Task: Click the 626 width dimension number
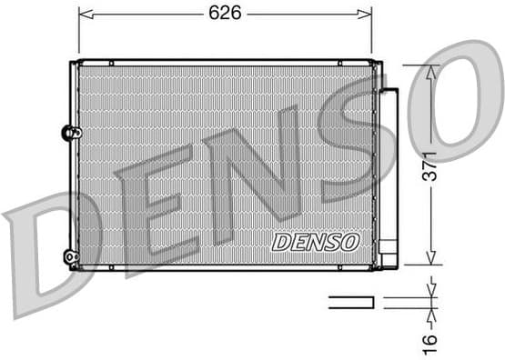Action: [225, 13]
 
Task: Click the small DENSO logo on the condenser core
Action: [316, 241]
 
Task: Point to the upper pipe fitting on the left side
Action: [68, 133]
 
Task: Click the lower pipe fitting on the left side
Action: [69, 257]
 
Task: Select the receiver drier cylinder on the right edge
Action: [389, 173]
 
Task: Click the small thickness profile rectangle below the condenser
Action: [351, 302]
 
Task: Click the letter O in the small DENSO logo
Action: [351, 241]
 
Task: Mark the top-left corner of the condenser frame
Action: [73, 63]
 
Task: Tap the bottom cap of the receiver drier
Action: [389, 258]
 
